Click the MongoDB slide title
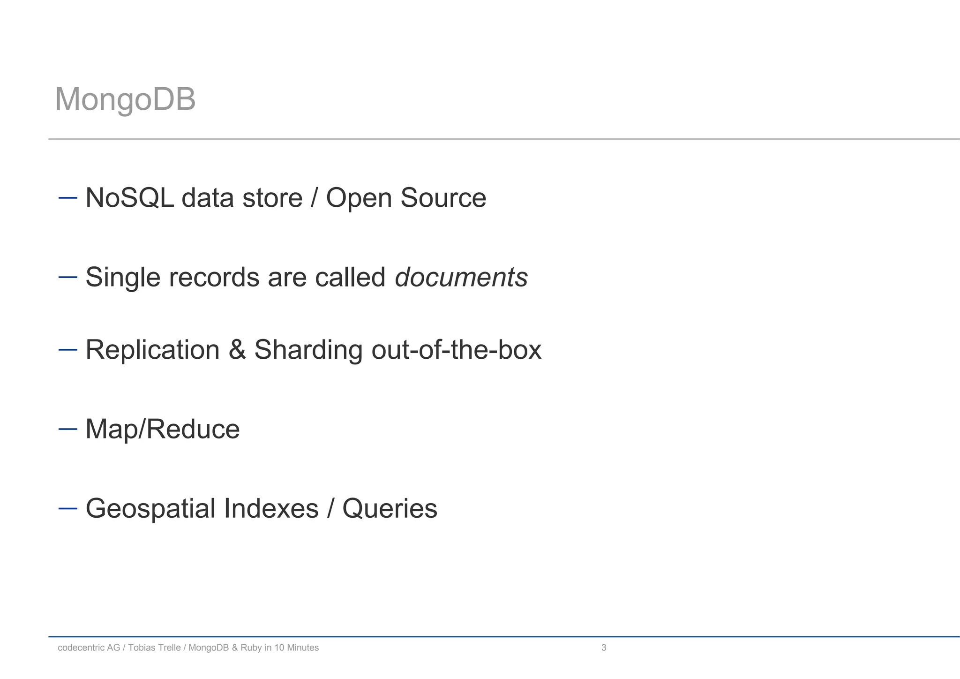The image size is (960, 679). point(125,99)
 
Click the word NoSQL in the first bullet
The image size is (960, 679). point(129,197)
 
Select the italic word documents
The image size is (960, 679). point(461,277)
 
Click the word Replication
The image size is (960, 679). point(152,350)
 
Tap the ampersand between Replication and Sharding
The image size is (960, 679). point(237,350)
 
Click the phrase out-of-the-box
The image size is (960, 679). point(456,350)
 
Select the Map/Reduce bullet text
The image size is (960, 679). point(162,429)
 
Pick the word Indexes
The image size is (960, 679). point(271,508)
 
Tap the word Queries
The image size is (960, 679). point(390,509)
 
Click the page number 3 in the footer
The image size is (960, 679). point(604,648)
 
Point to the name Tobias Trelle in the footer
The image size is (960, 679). point(154,648)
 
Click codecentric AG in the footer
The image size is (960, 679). point(89,648)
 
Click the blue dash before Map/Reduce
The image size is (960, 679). point(67,429)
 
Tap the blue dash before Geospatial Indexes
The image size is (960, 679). point(67,508)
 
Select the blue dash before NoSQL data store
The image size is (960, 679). point(67,197)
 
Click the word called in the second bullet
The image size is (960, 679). point(350,277)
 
